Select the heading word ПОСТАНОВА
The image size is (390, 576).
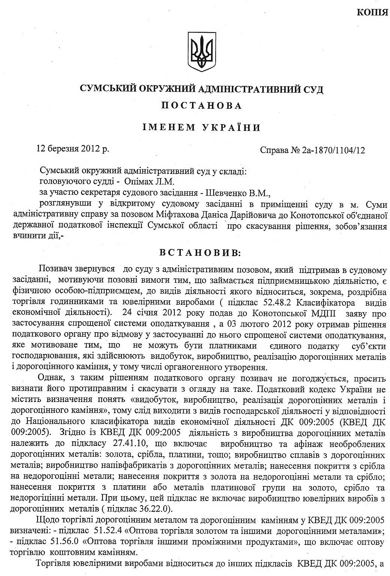coord(201,106)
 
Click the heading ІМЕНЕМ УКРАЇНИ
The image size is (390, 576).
coord(201,127)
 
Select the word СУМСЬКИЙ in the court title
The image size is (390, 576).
coord(108,89)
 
